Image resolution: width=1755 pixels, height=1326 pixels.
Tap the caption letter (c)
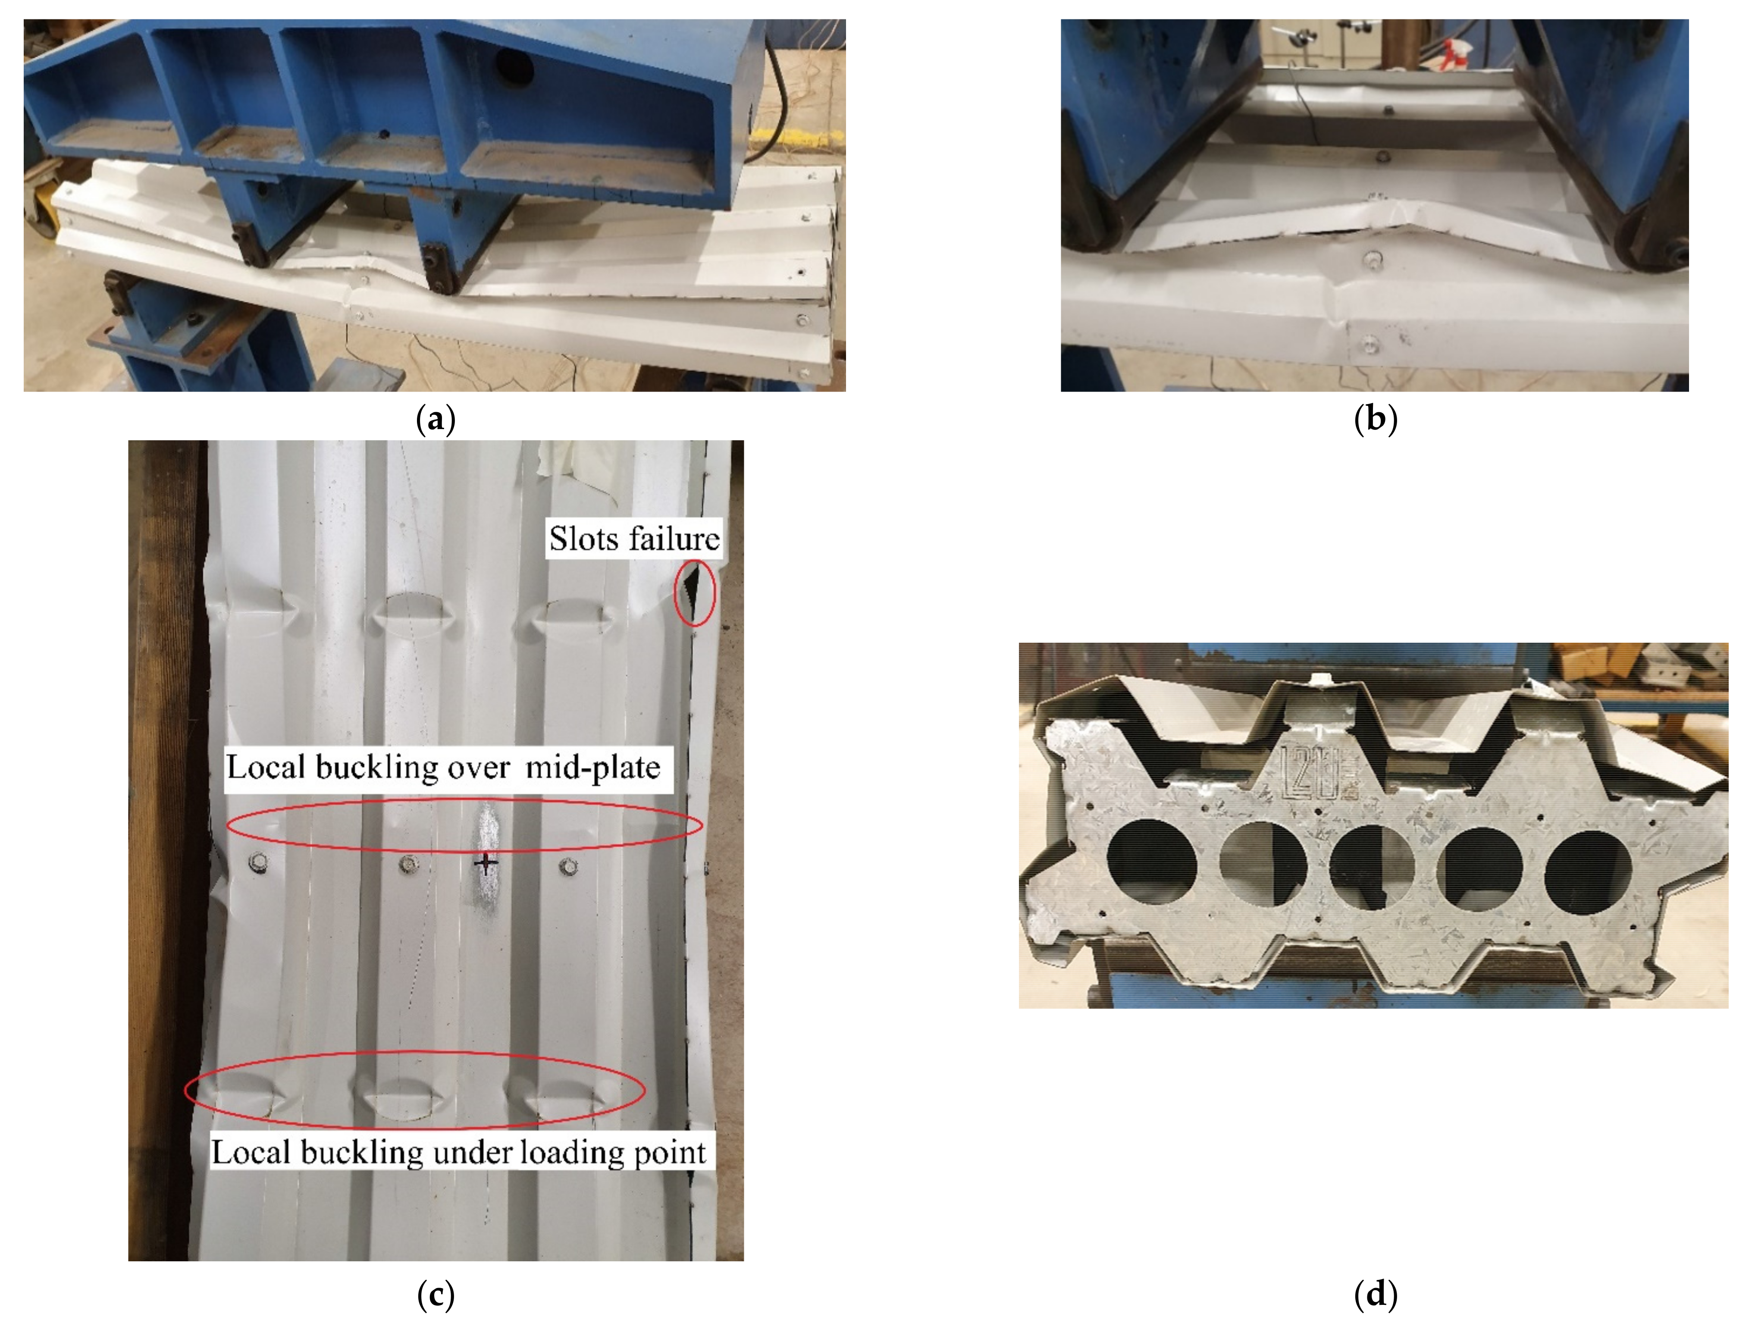click(436, 1295)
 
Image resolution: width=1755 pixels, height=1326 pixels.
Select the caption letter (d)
click(1375, 1295)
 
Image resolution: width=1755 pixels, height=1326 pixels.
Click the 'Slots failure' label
click(634, 539)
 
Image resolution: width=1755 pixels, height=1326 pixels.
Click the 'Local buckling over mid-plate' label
click(444, 767)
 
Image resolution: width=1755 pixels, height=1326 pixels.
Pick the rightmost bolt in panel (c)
click(568, 865)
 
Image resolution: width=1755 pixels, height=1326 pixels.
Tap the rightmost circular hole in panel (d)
click(1589, 871)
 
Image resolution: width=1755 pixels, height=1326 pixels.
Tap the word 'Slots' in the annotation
click(583, 539)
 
